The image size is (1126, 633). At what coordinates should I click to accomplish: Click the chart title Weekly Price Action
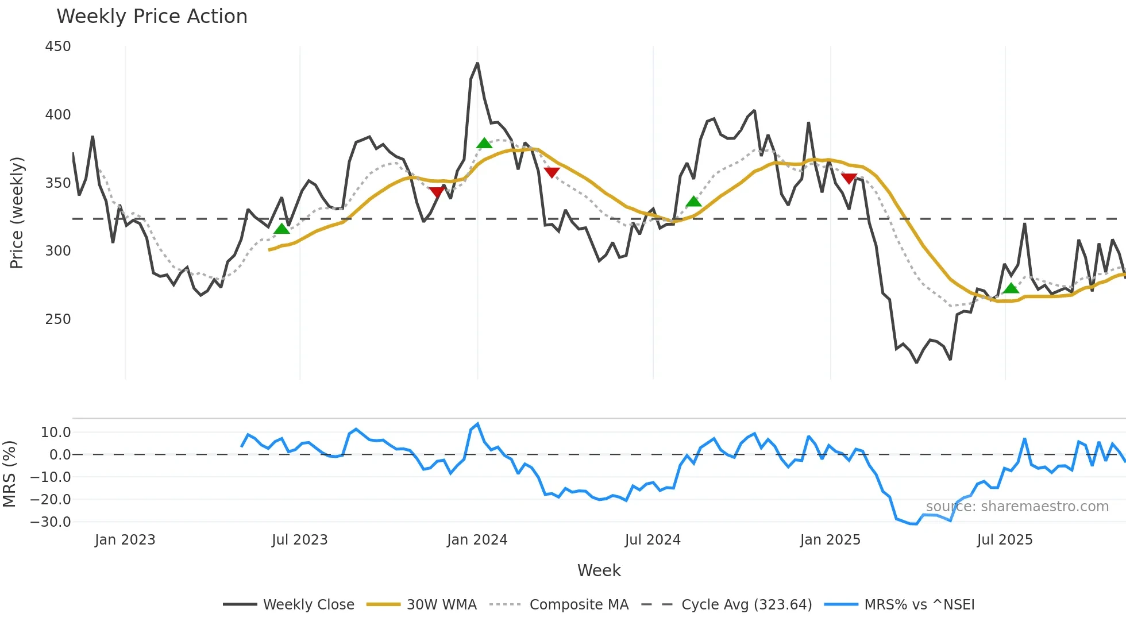152,17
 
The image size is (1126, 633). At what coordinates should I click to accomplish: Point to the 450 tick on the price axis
58,47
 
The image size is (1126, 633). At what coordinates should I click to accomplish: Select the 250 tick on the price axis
58,319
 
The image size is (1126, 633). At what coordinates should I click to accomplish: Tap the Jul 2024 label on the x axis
653,540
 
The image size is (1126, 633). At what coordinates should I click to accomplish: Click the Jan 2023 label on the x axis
125,540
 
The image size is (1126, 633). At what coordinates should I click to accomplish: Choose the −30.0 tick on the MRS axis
51,522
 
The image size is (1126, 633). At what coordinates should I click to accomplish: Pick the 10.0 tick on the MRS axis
56,433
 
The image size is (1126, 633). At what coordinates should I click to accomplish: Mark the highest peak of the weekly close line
477,64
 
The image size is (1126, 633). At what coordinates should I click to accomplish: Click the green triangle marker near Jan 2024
484,144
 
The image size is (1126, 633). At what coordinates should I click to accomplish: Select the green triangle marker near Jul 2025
1011,288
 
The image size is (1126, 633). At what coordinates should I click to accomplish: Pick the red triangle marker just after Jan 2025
849,179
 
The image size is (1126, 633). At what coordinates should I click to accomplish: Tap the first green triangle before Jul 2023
281,229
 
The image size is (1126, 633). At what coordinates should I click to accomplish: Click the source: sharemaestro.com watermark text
1017,507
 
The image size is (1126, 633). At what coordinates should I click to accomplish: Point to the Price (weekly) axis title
17,213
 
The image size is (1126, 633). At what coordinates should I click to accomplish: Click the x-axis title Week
599,570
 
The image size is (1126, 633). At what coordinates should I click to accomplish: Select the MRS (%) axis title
10,474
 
